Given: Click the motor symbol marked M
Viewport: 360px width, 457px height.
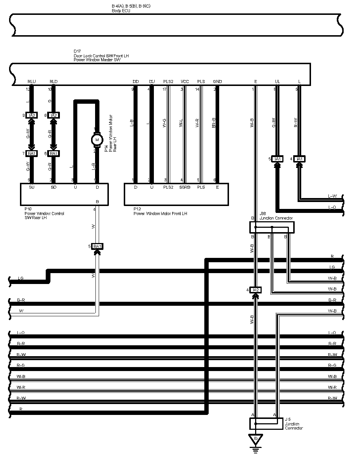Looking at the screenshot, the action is coord(97,139).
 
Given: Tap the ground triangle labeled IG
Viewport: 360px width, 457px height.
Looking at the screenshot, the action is coord(256,439).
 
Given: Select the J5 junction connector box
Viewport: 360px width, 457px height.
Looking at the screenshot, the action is coord(266,424).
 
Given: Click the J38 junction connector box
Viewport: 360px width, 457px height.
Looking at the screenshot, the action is coord(272,227).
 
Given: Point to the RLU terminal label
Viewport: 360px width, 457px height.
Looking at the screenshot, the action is coord(32,82).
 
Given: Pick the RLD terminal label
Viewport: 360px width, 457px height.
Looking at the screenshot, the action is coord(53,82).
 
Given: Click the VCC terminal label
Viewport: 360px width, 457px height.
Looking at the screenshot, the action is coord(185,82).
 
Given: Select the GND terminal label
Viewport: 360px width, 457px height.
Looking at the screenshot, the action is coord(217,82).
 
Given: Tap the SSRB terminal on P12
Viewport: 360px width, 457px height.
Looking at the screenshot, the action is coord(185,187).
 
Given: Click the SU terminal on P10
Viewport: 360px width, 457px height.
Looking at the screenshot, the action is coord(32,187).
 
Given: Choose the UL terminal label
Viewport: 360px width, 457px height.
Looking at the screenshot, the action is coord(277,82).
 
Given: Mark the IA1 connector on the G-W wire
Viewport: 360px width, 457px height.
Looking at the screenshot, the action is coord(277,159).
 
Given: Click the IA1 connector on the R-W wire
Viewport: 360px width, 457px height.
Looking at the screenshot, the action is coord(299,159).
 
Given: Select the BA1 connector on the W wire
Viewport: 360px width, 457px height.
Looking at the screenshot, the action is coord(97,247).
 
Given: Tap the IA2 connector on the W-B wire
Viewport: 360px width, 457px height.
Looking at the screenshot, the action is coord(255,290).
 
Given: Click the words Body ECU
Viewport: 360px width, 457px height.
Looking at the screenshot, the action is coord(121,11).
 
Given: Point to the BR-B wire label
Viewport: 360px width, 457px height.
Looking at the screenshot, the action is coord(214,123).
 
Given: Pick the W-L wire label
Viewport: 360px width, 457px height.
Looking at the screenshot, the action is coord(181,123).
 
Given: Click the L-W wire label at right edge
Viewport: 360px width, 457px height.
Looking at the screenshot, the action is coord(332,196).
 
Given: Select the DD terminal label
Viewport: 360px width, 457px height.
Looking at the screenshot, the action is coord(136,82).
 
